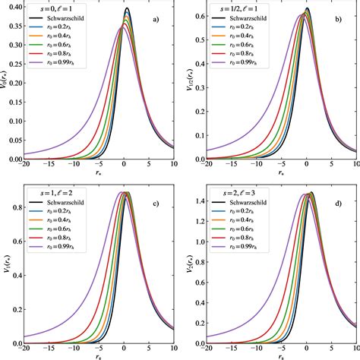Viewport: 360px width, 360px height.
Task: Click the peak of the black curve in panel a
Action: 128,9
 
